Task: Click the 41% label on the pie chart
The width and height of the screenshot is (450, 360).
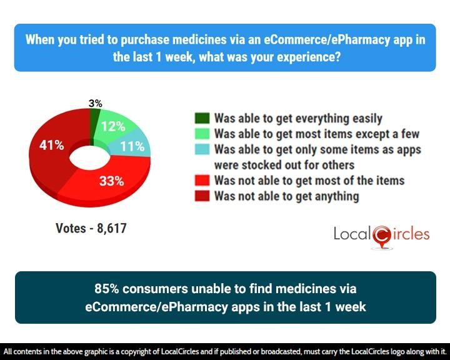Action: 51,146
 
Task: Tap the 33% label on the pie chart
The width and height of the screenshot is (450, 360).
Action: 112,181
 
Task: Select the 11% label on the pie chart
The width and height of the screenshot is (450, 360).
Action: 132,148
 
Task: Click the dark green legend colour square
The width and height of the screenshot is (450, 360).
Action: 201,119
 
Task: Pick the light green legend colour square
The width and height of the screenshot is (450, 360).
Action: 201,134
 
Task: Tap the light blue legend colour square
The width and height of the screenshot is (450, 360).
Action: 201,150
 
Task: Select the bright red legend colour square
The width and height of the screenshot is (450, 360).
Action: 201,181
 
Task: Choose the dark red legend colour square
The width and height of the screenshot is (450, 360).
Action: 201,197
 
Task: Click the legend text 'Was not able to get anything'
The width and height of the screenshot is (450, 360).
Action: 286,196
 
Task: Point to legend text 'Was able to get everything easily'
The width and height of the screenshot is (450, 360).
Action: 298,118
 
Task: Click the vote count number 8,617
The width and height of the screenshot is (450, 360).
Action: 110,229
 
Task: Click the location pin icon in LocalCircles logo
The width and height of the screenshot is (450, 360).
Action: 381,235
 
